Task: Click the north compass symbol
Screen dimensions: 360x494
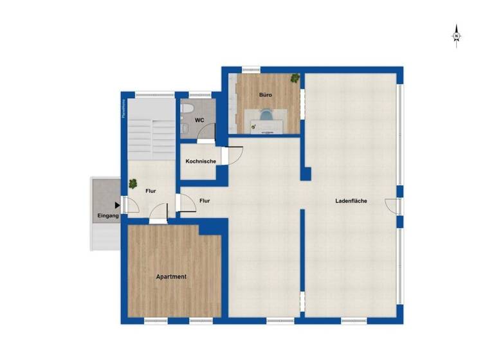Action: (456, 35)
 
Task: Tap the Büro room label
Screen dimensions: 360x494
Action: (265, 95)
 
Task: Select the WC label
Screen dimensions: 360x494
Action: (200, 120)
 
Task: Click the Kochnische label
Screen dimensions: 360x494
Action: (200, 161)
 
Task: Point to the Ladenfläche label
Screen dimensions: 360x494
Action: (351, 201)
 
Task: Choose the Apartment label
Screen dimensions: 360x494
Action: (171, 276)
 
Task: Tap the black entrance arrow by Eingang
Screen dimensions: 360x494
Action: (117, 206)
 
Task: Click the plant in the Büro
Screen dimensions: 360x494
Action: (295, 78)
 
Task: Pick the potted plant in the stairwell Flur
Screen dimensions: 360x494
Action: (133, 183)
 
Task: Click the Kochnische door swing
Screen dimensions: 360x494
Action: (233, 156)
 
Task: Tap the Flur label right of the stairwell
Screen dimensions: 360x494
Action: (205, 201)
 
